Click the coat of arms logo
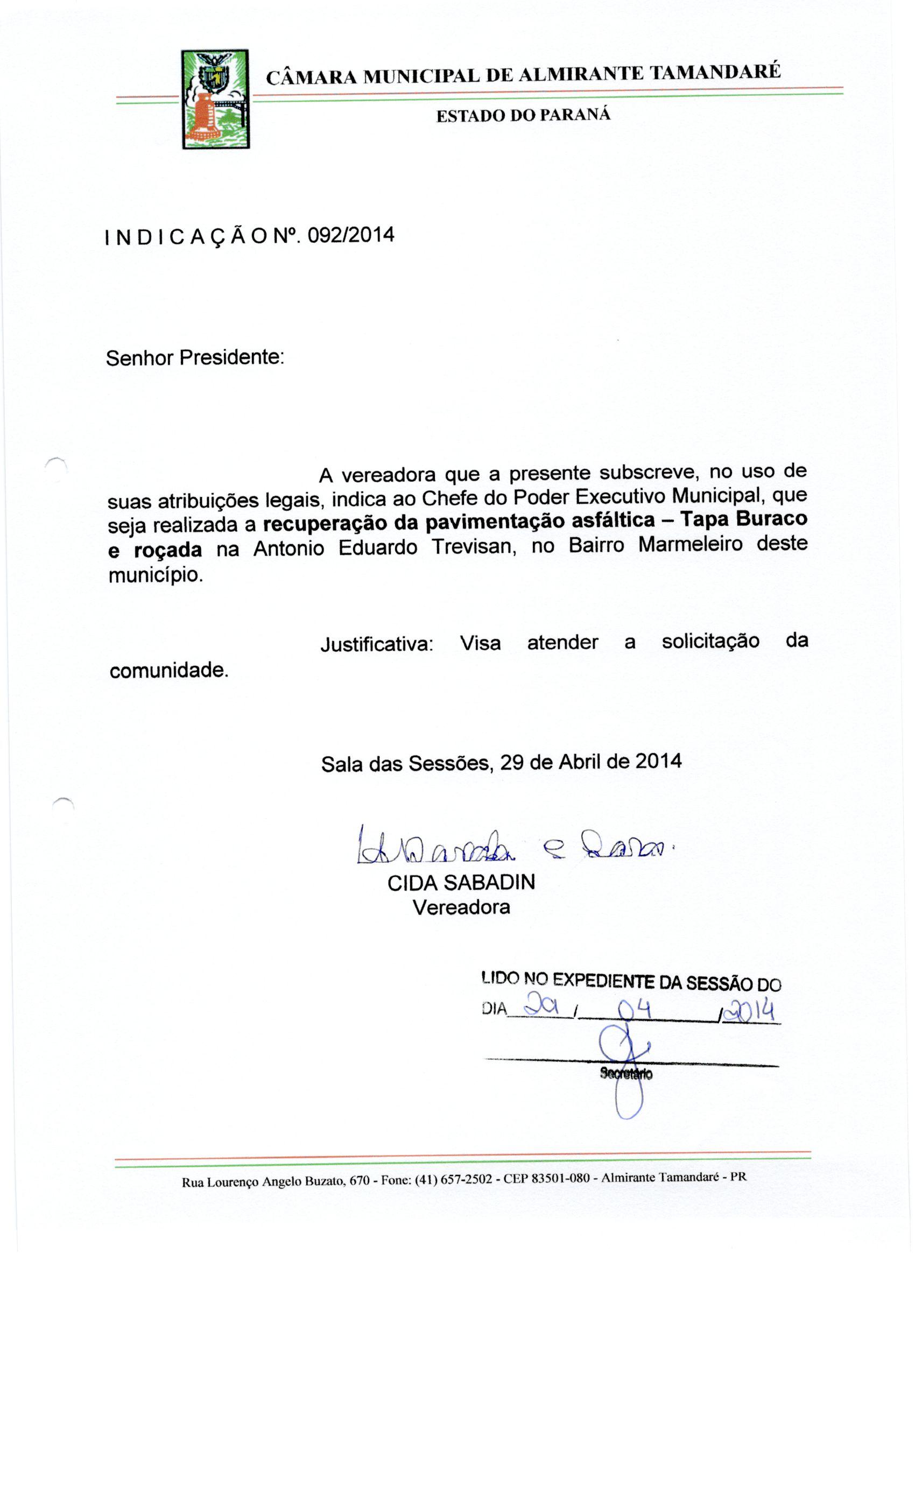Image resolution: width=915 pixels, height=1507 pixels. coord(215,99)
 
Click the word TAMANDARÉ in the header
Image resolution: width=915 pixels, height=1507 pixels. coord(714,73)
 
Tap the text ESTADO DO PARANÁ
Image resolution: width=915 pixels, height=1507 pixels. coord(523,115)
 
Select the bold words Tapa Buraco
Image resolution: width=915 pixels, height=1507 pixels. coord(744,519)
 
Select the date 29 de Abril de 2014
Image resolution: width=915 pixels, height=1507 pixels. coord(590,762)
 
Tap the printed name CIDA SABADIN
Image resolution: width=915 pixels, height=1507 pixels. coord(461,882)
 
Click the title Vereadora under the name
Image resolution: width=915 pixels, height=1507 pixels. coord(461,906)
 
